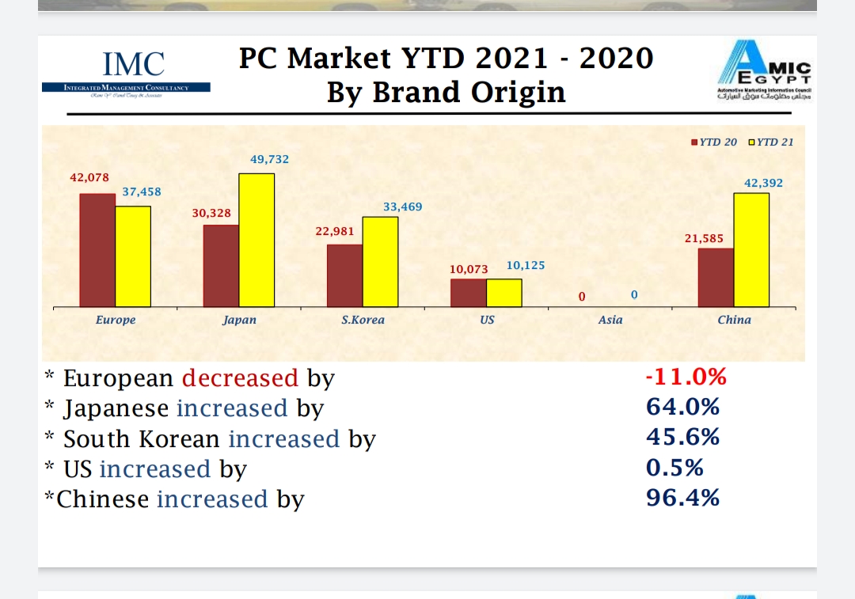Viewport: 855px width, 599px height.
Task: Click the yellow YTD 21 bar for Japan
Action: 256,240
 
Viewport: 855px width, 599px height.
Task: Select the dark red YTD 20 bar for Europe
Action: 97,249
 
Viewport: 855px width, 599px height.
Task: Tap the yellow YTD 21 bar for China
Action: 751,249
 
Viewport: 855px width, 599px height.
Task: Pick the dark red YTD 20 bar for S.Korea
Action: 345,275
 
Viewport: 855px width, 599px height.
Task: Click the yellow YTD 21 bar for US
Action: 504,292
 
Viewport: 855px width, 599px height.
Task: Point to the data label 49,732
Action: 270,159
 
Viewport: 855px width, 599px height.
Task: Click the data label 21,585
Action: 704,237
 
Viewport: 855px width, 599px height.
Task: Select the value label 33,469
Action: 403,207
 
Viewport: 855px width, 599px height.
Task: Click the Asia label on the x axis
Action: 610,320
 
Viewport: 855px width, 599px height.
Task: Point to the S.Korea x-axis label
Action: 363,320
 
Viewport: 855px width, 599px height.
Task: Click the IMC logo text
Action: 134,64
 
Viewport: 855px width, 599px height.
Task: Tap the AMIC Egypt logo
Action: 764,73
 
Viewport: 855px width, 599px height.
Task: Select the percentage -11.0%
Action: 686,377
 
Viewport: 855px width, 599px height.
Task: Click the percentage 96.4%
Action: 682,498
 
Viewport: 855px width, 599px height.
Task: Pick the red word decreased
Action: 240,378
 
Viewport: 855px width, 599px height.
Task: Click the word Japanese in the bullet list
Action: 116,408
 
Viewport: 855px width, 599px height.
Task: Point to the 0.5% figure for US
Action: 674,468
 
